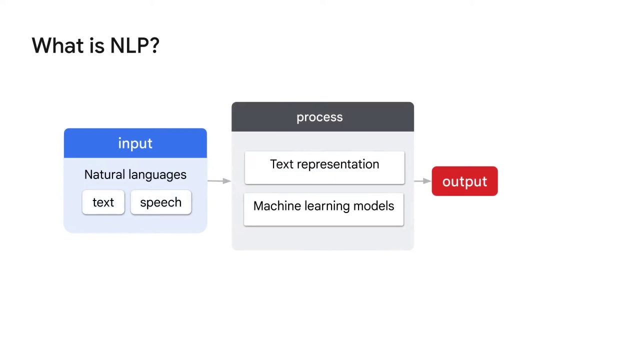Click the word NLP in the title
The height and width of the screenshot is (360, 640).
(128, 45)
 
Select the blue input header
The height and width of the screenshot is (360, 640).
(135, 143)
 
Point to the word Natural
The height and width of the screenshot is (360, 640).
(103, 174)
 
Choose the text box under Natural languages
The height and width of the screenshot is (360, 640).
(103, 202)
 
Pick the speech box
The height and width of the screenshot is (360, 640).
(160, 202)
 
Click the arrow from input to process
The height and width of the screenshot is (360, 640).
(219, 181)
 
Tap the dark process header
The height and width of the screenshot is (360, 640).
(322, 117)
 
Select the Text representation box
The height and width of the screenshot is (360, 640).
(324, 167)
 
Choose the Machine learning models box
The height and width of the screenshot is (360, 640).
(323, 209)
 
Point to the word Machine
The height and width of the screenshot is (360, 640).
(276, 206)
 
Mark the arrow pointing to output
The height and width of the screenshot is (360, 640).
(422, 181)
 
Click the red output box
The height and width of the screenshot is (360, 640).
(464, 181)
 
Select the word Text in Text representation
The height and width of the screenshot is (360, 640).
(281, 164)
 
